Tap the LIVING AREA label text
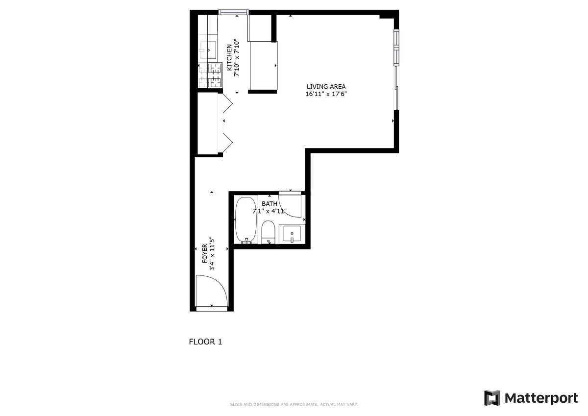click(x=326, y=87)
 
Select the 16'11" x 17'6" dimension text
click(x=326, y=95)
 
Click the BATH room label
click(x=269, y=204)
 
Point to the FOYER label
click(x=205, y=254)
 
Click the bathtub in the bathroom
click(x=245, y=220)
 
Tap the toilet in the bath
click(x=268, y=232)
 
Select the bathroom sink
click(x=292, y=233)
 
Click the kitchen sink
click(x=208, y=49)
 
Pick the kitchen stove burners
click(x=210, y=76)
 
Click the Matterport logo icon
click(x=492, y=398)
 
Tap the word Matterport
click(x=541, y=398)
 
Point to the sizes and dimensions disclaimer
click(x=294, y=405)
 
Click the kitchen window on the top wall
click(x=234, y=12)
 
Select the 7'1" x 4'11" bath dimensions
click(x=269, y=212)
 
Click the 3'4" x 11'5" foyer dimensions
click(x=213, y=254)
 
